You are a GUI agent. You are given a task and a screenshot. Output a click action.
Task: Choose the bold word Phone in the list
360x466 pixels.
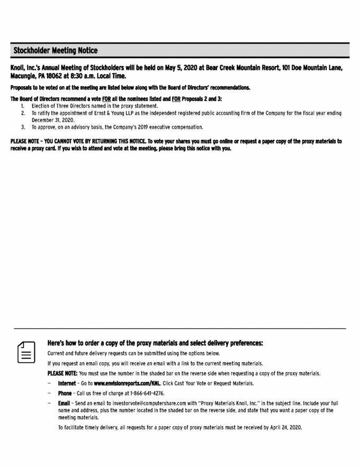pos(65,393)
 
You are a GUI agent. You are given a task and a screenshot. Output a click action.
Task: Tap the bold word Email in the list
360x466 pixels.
pos(65,404)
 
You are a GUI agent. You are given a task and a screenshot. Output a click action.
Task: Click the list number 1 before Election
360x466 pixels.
pos(23,106)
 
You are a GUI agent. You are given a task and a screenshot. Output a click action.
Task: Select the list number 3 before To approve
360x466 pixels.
pos(23,127)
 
